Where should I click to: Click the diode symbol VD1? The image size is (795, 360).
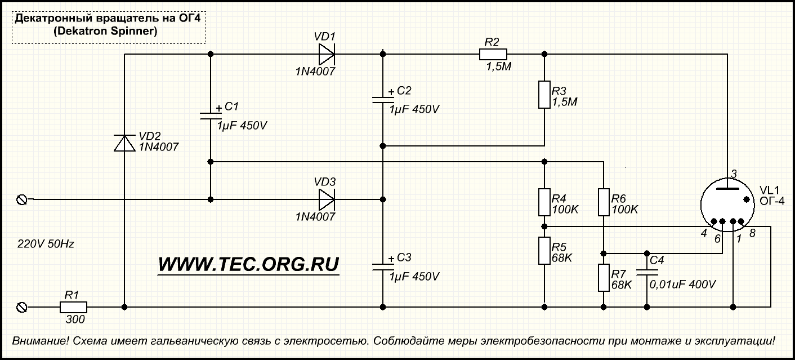(326, 54)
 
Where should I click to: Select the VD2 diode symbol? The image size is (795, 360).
(124, 143)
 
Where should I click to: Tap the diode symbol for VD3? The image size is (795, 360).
(326, 199)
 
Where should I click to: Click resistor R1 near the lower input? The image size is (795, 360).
(74, 307)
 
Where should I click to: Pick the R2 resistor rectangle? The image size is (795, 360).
(493, 54)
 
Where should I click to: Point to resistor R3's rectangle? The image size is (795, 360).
(544, 95)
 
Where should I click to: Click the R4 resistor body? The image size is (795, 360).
(544, 202)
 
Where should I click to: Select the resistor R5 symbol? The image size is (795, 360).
(544, 251)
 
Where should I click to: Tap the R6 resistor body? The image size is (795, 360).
(604, 202)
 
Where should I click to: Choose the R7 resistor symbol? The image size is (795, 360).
(604, 277)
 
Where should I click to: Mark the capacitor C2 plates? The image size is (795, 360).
(383, 100)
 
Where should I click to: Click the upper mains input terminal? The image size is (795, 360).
(23, 199)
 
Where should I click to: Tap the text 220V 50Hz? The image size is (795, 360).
(47, 245)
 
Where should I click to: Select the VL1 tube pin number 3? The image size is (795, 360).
(734, 174)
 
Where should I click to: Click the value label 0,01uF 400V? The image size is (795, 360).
(682, 285)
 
